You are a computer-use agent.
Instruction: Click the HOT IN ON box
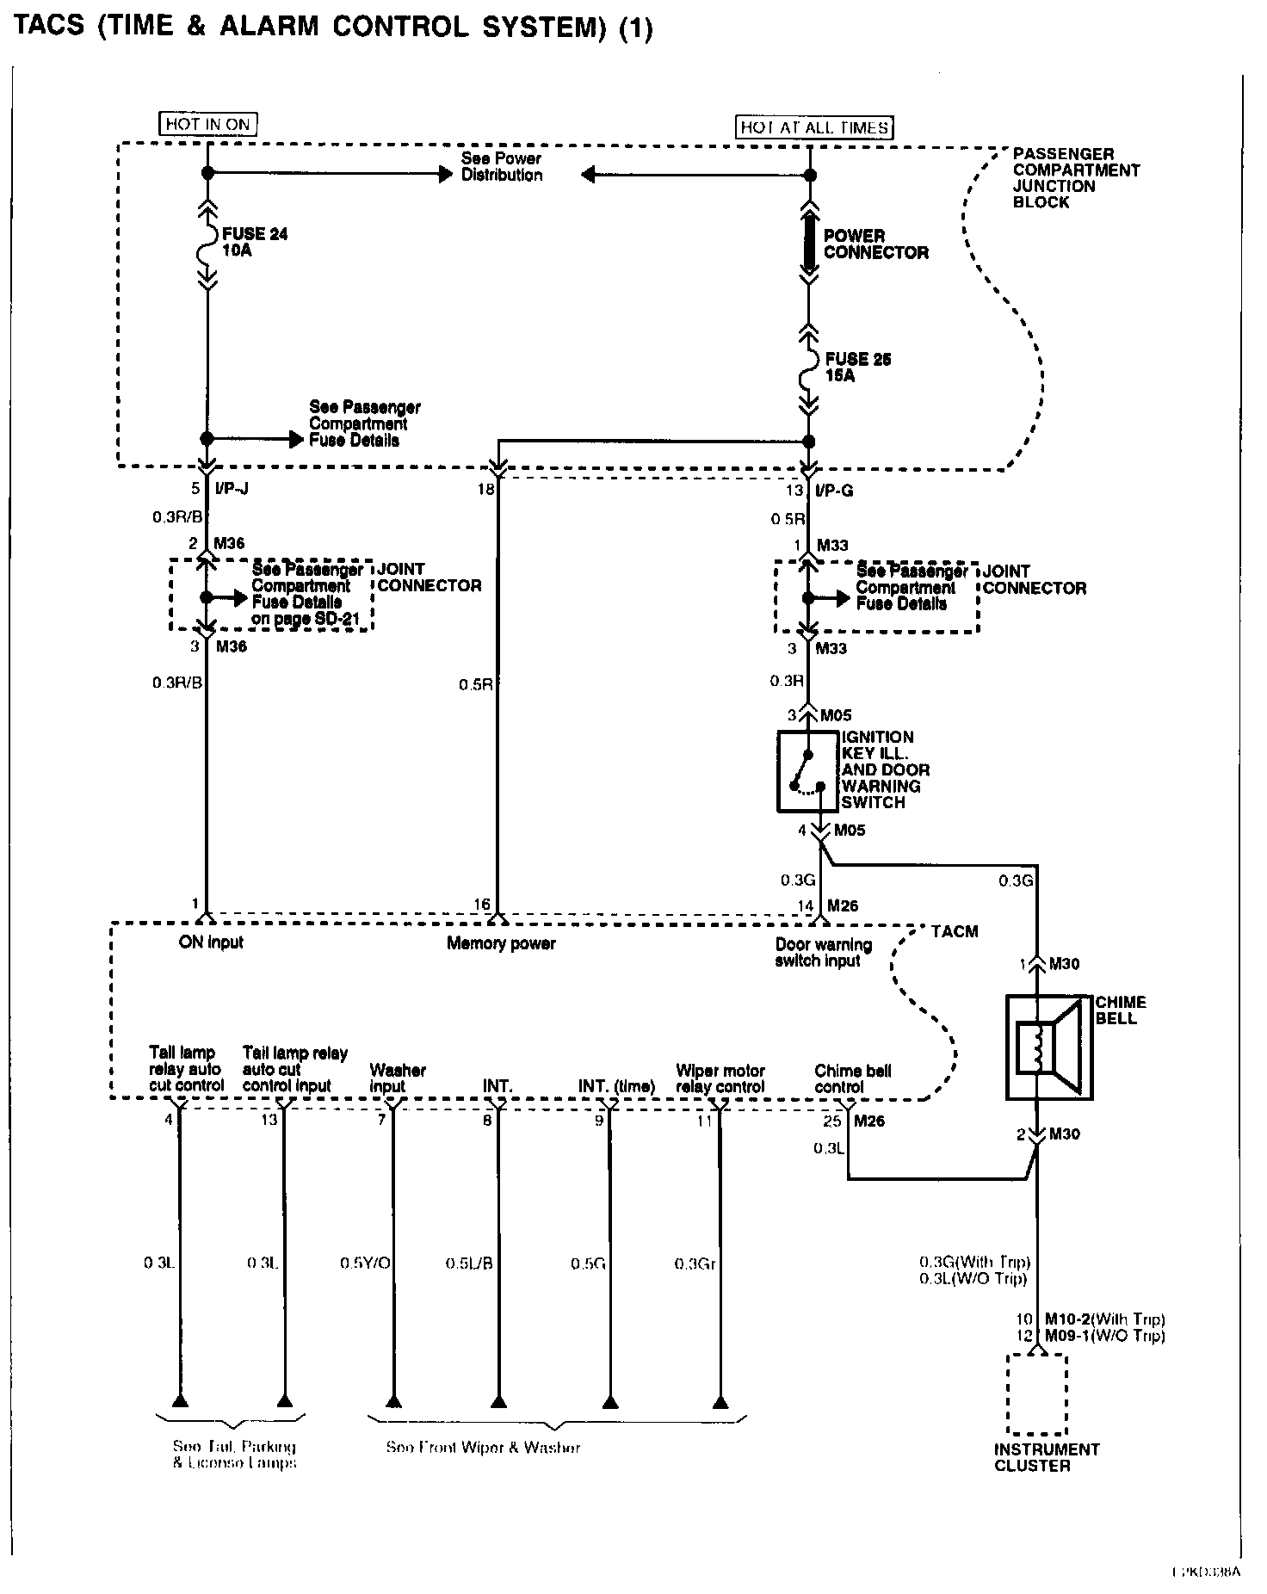tap(208, 124)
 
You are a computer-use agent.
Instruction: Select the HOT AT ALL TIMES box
tap(813, 127)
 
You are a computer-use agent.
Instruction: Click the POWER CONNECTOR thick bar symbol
tap(809, 243)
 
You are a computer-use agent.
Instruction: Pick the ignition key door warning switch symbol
tap(807, 771)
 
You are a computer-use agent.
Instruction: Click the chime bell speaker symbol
tap(1049, 1047)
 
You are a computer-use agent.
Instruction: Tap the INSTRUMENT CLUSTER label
tap(1046, 1457)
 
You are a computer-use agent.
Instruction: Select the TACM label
tap(955, 931)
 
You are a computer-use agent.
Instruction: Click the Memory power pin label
tap(501, 943)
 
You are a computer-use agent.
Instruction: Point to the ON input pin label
tap(211, 942)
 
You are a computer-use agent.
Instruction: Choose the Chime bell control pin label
tap(852, 1078)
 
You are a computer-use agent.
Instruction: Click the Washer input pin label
tap(398, 1078)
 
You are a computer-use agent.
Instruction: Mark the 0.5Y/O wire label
tap(365, 1263)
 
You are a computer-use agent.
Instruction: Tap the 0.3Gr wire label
tap(695, 1263)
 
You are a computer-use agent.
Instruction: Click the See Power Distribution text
tap(502, 167)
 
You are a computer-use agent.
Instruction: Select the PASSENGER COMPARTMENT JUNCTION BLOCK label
tap(1076, 178)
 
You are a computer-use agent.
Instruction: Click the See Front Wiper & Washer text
tap(482, 1448)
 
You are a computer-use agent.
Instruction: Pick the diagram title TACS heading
tap(333, 28)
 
